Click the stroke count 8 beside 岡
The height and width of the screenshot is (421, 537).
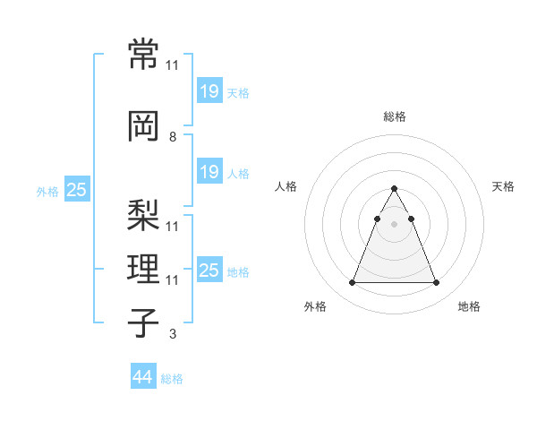pyautogui.click(x=172, y=137)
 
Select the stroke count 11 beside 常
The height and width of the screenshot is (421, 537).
pyautogui.click(x=172, y=65)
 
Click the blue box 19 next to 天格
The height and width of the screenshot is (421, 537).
pyautogui.click(x=209, y=90)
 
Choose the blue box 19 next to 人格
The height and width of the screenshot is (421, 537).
pyautogui.click(x=209, y=171)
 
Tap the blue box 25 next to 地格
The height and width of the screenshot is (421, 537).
pyautogui.click(x=209, y=270)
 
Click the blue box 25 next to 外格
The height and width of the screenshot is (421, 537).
pyautogui.click(x=77, y=190)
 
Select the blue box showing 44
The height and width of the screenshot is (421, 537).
pyautogui.click(x=142, y=377)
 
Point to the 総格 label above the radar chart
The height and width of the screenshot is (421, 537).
pyautogui.click(x=394, y=116)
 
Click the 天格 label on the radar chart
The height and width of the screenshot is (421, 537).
pyautogui.click(x=503, y=186)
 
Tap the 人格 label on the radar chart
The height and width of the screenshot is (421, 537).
pyautogui.click(x=286, y=186)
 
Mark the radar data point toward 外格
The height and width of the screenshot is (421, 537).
pyautogui.click(x=352, y=283)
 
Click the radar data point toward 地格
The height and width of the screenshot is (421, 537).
pyautogui.click(x=436, y=283)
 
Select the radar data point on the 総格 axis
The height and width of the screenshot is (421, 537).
pyautogui.click(x=394, y=188)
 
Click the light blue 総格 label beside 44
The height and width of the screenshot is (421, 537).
pyautogui.click(x=172, y=379)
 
